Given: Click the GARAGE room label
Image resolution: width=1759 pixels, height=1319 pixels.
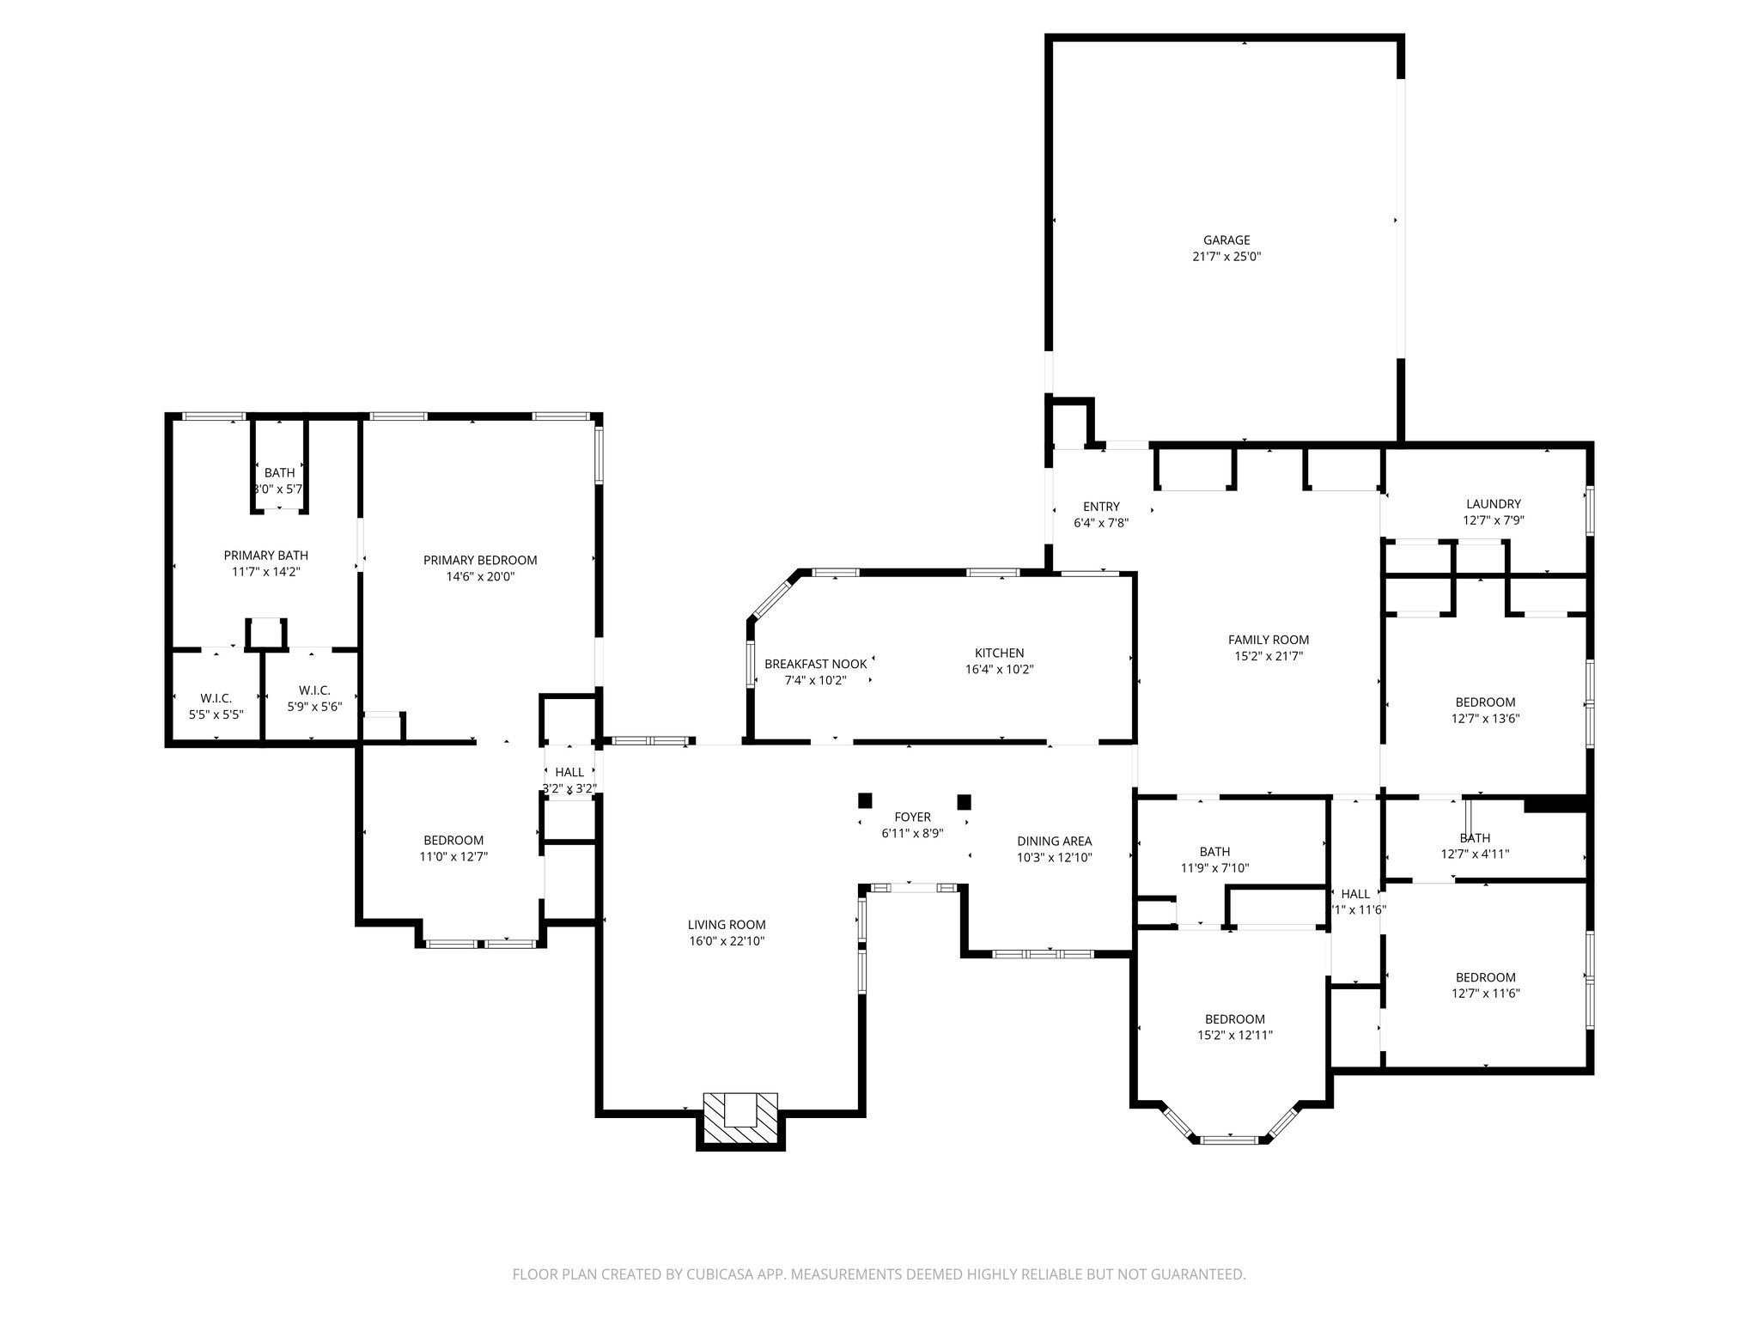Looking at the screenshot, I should click(1226, 240).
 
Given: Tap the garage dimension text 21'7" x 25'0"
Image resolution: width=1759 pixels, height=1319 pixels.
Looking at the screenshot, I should click(1226, 257).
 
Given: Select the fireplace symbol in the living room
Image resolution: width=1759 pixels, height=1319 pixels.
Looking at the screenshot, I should click(740, 1119).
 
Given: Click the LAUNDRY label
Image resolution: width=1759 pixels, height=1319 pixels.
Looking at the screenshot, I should click(1493, 504).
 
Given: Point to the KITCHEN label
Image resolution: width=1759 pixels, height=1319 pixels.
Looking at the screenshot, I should click(999, 653).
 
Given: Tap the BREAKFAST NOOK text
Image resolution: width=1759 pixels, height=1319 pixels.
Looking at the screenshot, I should click(815, 664).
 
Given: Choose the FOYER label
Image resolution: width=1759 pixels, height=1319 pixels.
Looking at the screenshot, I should click(912, 817).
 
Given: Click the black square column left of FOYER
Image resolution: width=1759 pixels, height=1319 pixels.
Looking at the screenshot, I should click(865, 800).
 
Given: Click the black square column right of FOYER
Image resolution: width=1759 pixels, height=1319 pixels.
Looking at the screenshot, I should click(964, 802).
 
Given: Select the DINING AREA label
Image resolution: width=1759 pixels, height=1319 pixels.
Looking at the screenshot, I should click(1054, 841).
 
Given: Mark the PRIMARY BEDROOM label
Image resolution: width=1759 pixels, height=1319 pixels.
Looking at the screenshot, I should click(480, 560).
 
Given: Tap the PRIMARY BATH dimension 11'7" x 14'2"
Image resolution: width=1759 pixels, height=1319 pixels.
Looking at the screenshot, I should click(265, 571).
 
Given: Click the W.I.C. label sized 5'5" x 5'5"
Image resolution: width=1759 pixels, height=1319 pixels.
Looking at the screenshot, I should click(216, 698).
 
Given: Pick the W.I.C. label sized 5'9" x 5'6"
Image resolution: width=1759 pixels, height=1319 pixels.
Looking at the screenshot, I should click(314, 690).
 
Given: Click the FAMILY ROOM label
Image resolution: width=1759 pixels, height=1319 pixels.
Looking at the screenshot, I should click(1268, 640).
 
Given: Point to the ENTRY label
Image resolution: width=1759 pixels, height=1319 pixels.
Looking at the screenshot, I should click(1101, 507).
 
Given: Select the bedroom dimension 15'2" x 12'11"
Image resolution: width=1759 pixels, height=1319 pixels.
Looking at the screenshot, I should click(1234, 1036).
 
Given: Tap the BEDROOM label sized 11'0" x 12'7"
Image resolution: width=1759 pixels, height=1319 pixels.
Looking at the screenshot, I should click(453, 840).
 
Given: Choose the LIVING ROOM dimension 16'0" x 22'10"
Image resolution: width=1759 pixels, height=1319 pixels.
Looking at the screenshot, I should click(726, 941).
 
